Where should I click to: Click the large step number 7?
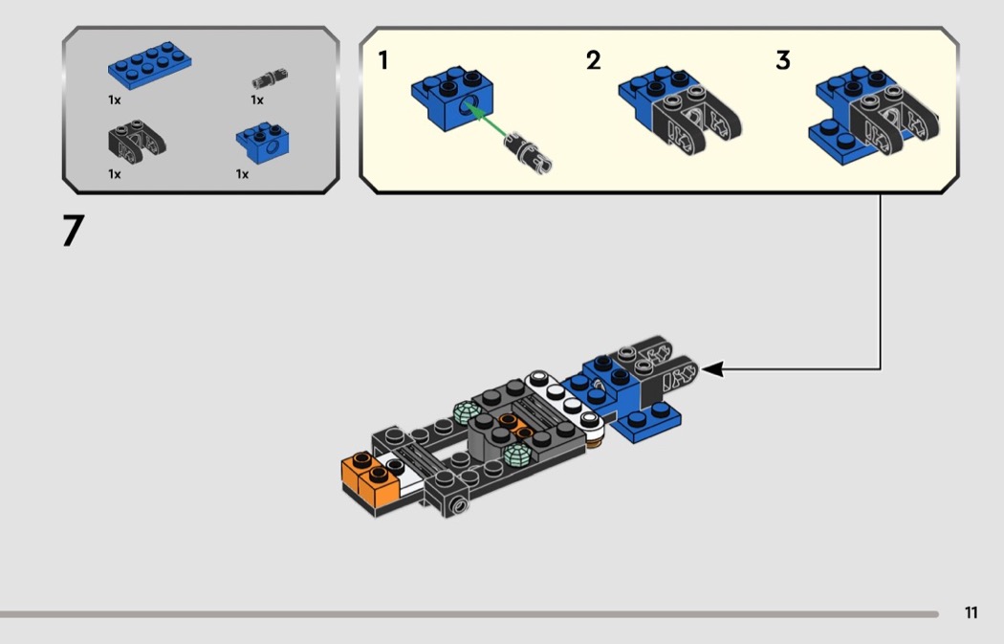pyautogui.click(x=73, y=231)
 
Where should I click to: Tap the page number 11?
pyautogui.click(x=971, y=612)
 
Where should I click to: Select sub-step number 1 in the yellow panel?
pyautogui.click(x=382, y=61)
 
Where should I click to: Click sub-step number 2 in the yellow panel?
pyautogui.click(x=594, y=61)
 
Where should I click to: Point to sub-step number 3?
pyautogui.click(x=783, y=61)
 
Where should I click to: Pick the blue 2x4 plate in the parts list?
pyautogui.click(x=149, y=65)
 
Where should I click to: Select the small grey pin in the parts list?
pyautogui.click(x=269, y=78)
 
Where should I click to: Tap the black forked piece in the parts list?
pyautogui.click(x=137, y=141)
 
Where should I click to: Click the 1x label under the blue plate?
pyautogui.click(x=115, y=100)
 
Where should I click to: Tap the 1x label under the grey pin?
pyautogui.click(x=257, y=100)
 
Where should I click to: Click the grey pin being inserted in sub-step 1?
pyautogui.click(x=528, y=152)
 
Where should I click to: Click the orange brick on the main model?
pyautogui.click(x=370, y=477)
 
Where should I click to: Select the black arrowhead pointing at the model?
pyautogui.click(x=712, y=369)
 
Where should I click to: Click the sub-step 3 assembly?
pyautogui.click(x=873, y=116)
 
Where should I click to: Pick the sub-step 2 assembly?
pyautogui.click(x=680, y=110)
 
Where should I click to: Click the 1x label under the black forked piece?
pyautogui.click(x=115, y=174)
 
